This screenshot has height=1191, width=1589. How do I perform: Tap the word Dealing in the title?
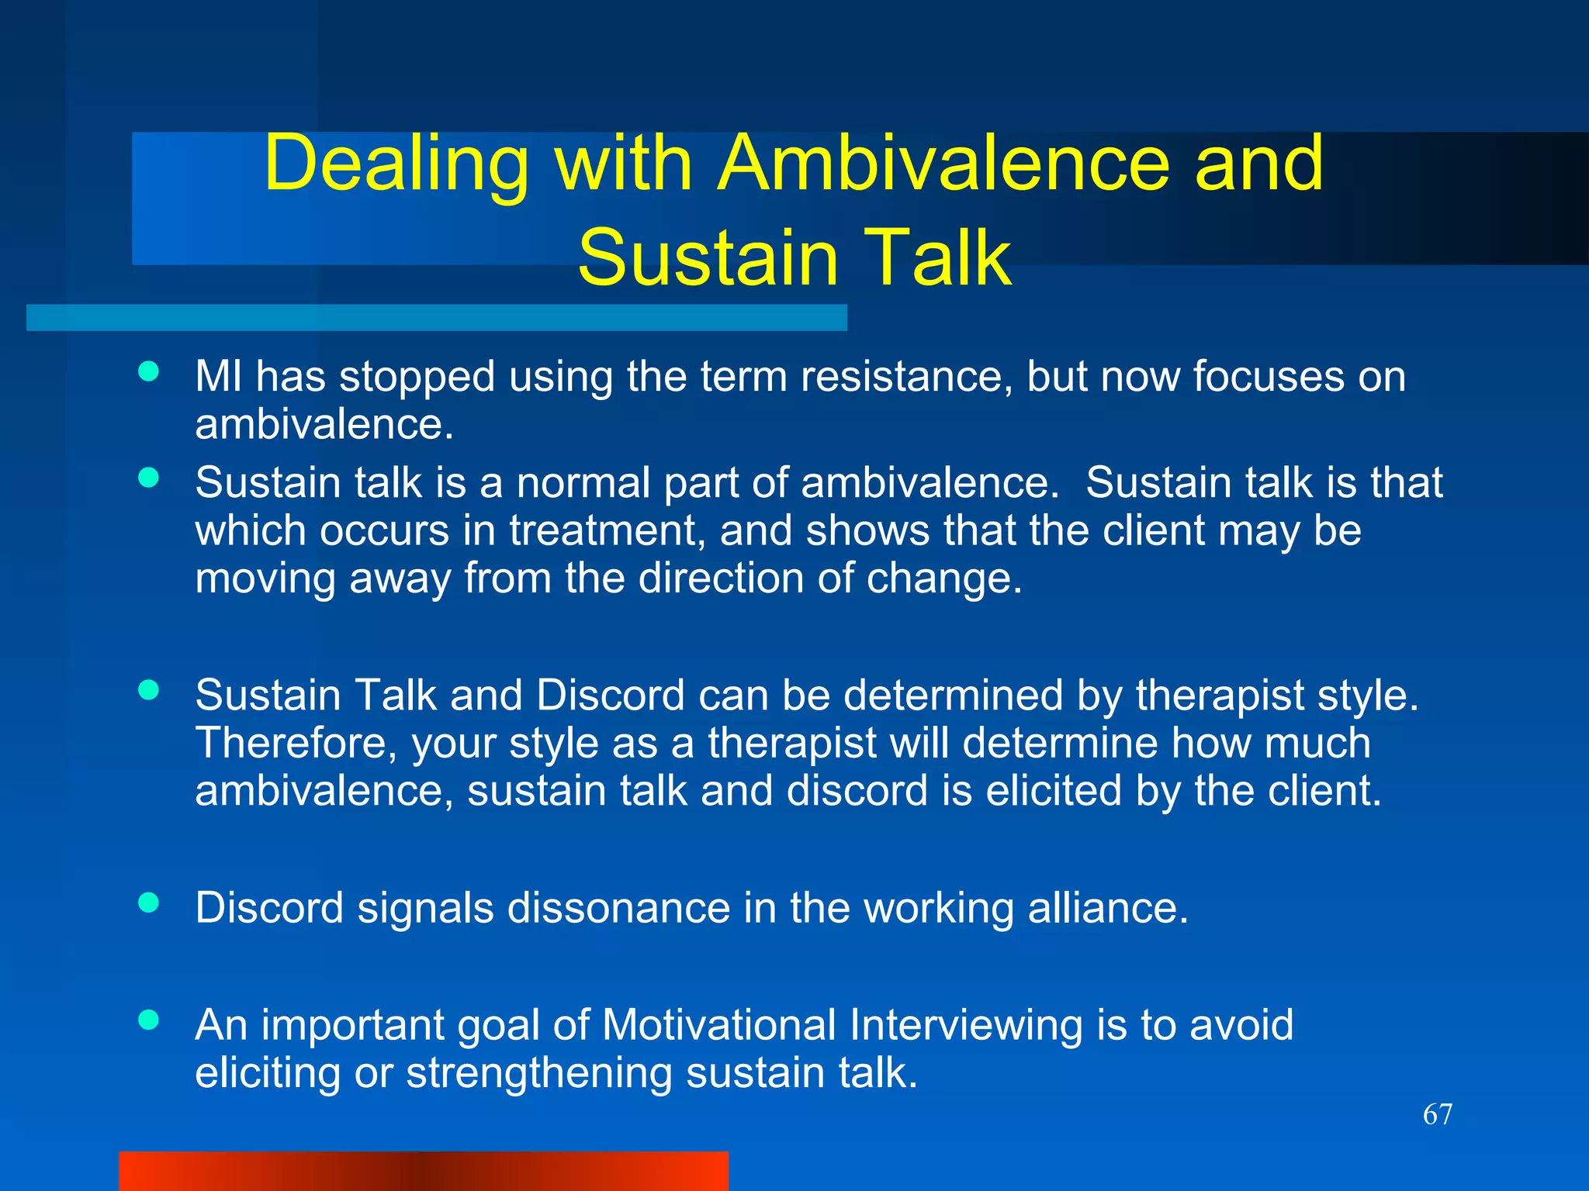click(x=396, y=164)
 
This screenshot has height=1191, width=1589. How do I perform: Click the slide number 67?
click(x=1437, y=1114)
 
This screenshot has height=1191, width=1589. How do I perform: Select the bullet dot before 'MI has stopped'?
click(x=148, y=371)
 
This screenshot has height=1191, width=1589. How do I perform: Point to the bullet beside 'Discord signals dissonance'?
click(x=148, y=903)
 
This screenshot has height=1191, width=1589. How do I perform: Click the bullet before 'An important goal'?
click(x=148, y=1020)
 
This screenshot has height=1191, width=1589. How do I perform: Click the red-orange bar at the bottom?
click(x=424, y=1170)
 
